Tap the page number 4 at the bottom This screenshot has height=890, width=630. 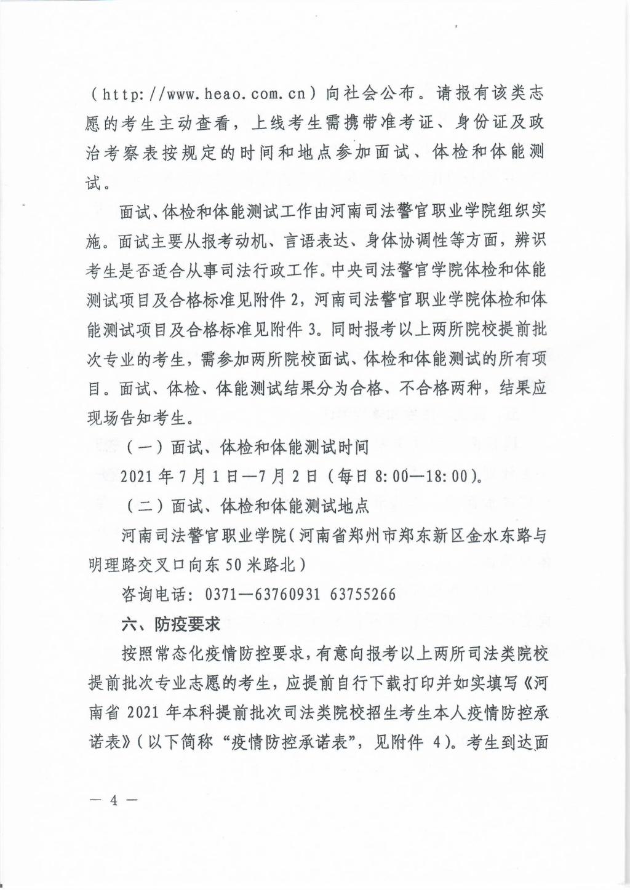pos(113,800)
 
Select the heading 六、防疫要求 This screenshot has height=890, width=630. pos(171,624)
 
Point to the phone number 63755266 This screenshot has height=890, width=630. pos(363,595)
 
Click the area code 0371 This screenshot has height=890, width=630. pos(224,595)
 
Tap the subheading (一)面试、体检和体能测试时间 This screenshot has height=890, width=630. pos(247,447)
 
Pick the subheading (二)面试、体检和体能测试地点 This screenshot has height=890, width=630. pos(247,506)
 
